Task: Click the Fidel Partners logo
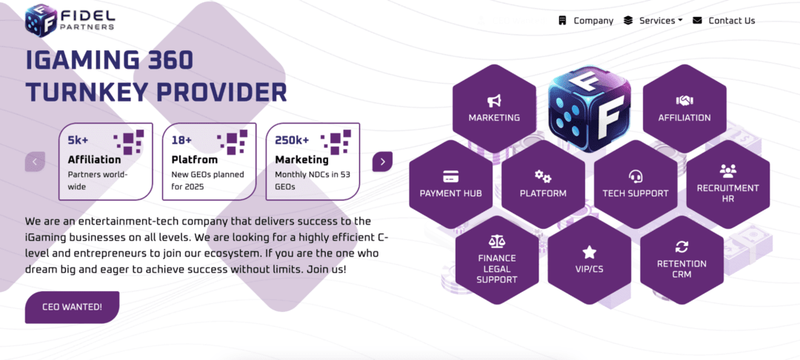tap(70, 20)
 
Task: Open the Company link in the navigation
tap(586, 21)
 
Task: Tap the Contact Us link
tap(724, 21)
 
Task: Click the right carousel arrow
tap(382, 161)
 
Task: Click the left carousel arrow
tap(36, 161)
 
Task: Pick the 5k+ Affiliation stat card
tap(106, 161)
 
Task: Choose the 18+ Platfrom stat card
tap(210, 161)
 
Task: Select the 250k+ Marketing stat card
tap(313, 161)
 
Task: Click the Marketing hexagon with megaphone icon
tap(494, 108)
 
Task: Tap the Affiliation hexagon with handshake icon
tap(684, 108)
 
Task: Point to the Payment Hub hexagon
tap(451, 184)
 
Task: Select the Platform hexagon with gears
tap(543, 184)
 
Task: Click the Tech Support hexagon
tap(636, 184)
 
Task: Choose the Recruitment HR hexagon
tap(727, 184)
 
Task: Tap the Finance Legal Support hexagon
tap(497, 260)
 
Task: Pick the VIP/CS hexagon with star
tap(589, 260)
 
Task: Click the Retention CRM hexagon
tap(681, 260)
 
